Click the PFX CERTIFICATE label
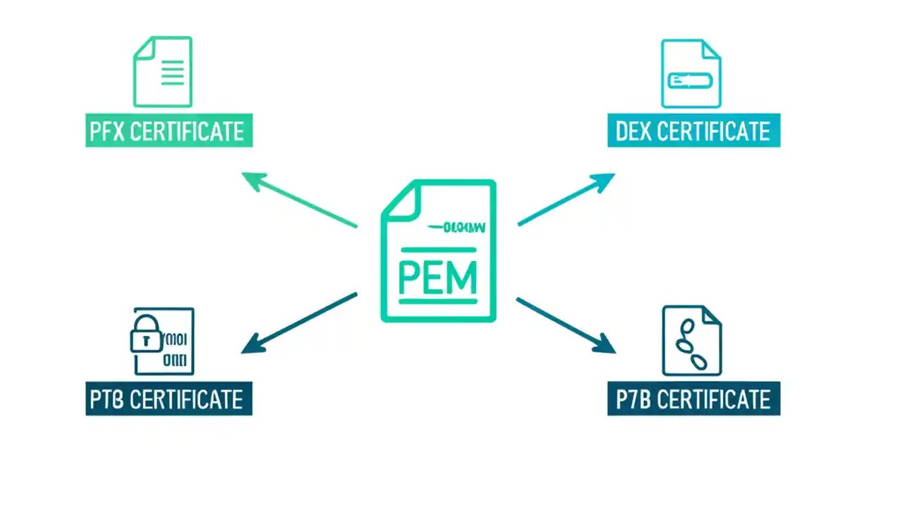[169, 131]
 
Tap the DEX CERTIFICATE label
[693, 131]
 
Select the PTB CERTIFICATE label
[169, 399]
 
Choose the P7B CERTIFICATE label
[693, 399]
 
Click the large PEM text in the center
[438, 277]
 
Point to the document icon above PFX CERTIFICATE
[163, 71]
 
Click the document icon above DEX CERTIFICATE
[691, 73]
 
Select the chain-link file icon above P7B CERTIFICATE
[691, 341]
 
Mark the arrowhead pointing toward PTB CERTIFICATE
[251, 346]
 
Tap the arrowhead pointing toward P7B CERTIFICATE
[606, 346]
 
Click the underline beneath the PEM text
[438, 302]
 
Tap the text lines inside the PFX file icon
[173, 73]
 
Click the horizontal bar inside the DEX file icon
[692, 81]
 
